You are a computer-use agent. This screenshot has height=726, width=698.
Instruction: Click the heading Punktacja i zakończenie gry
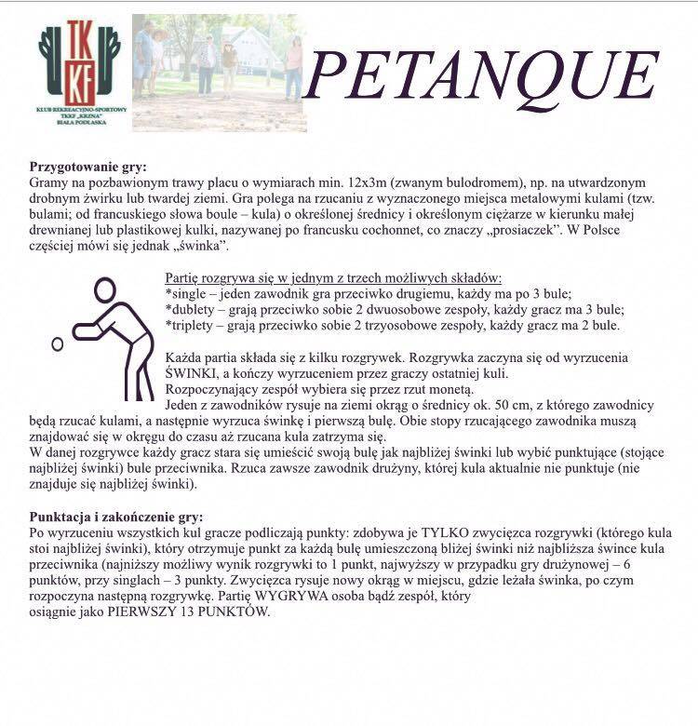(x=116, y=516)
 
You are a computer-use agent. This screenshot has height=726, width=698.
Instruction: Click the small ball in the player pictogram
(x=58, y=343)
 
